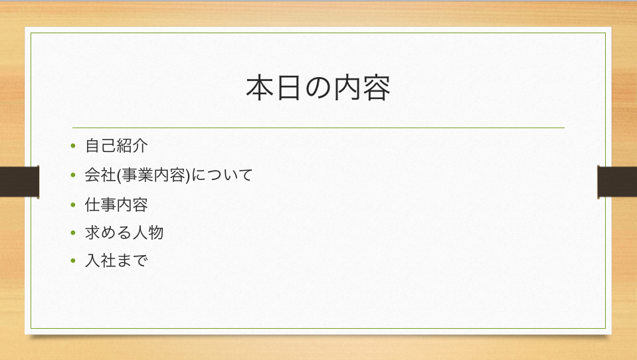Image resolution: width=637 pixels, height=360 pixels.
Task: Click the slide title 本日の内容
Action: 318,88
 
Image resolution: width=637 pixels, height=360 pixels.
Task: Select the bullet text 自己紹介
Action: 116,145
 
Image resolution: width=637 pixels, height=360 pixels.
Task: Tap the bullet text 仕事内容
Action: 116,204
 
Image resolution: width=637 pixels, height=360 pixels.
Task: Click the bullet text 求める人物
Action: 124,232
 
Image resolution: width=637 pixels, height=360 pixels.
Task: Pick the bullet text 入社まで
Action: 116,260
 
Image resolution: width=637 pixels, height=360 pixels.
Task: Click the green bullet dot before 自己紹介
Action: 74,146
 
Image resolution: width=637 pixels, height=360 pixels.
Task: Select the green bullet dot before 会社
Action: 74,175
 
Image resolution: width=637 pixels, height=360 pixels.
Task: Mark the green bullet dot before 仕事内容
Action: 74,205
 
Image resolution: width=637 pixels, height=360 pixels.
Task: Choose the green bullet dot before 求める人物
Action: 74,233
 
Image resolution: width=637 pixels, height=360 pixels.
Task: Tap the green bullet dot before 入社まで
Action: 74,261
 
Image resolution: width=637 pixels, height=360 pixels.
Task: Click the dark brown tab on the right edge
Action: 617,181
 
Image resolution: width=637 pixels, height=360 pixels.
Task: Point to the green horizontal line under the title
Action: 318,127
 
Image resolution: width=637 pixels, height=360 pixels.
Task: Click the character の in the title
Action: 318,89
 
